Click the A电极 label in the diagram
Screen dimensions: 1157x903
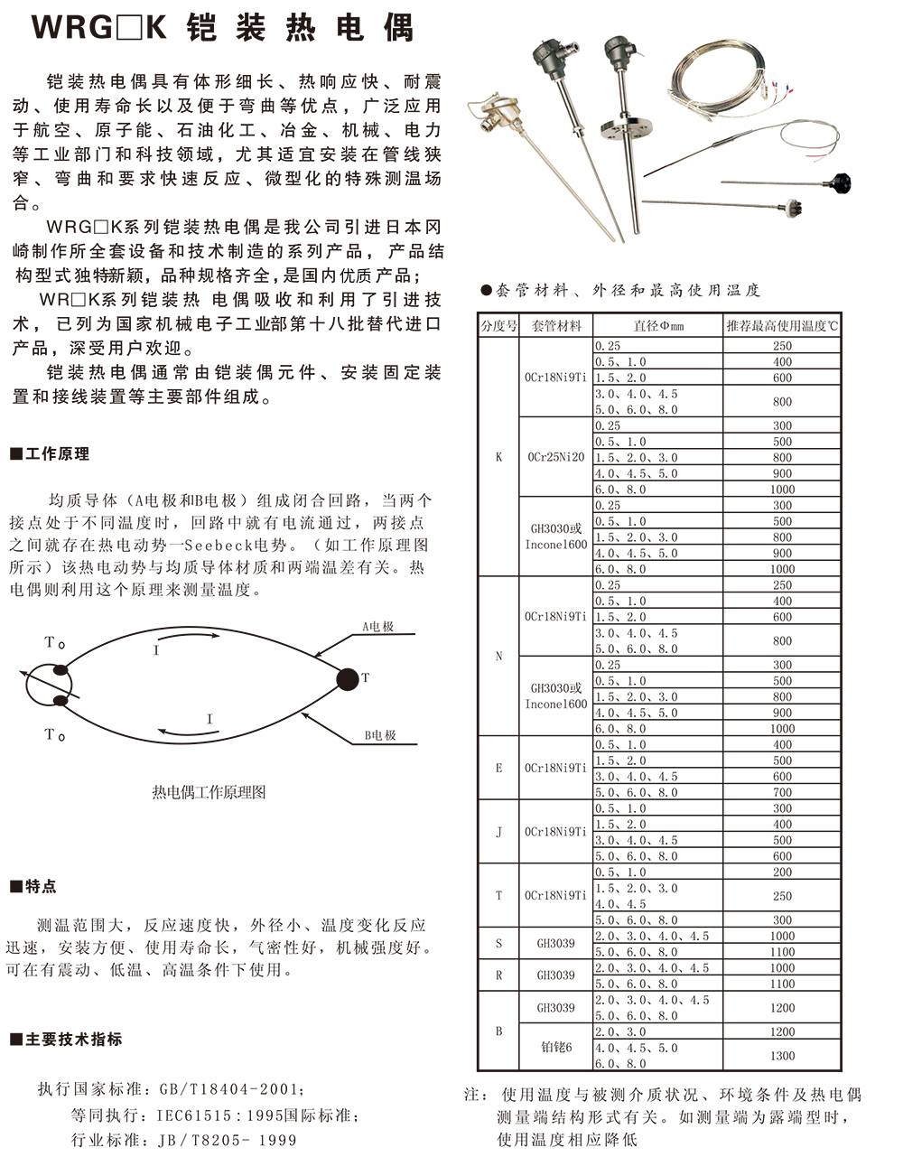click(378, 627)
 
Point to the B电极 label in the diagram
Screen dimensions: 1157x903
click(380, 735)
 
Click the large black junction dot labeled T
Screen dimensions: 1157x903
click(347, 678)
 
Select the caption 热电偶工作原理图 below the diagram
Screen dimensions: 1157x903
click(209, 792)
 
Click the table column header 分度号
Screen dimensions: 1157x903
click(498, 326)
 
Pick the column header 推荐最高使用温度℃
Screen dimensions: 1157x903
click(782, 326)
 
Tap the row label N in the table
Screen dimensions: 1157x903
click(498, 657)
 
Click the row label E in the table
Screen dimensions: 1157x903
click(498, 768)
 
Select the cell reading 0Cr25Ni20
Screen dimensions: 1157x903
click(555, 457)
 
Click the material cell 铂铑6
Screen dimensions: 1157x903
click(555, 1048)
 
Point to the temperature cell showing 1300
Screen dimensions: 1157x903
click(782, 1056)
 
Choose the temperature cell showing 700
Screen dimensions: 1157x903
click(782, 792)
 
